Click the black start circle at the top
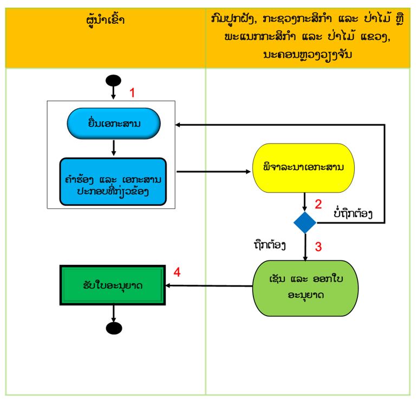pos(113,81)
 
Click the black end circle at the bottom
pos(114,328)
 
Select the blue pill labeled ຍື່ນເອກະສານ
pos(114,123)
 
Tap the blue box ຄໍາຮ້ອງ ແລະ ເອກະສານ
pos(113,181)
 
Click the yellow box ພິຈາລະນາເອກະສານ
pos(303,168)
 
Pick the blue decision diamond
pos(305,223)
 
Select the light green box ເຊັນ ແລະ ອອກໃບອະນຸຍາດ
pos(305,288)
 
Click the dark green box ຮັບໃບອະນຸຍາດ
pos(113,285)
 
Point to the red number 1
pos(132,93)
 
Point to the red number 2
pos(318,204)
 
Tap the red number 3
pos(318,246)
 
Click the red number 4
pos(177,272)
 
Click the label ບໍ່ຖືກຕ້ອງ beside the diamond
pos(353,213)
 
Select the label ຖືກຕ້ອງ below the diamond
pos(270,245)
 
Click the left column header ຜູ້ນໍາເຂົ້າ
pos(106,20)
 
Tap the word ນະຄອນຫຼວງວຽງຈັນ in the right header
pos(308,55)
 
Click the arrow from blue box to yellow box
pos(213,172)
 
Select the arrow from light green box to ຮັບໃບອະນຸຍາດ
pos(209,286)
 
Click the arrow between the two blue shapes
pos(114,148)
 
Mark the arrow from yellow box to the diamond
pos(305,202)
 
